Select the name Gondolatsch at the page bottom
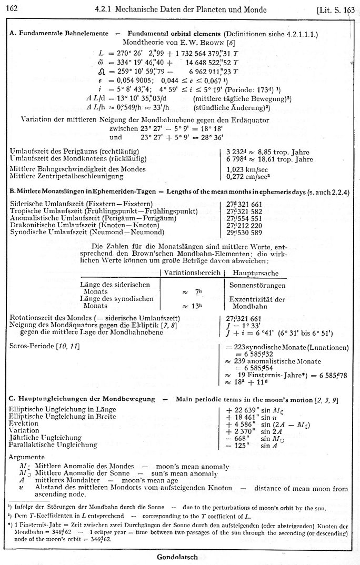pos(179,556)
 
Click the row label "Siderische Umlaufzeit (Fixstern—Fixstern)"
pos(82,204)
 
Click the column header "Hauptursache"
pos(252,274)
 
